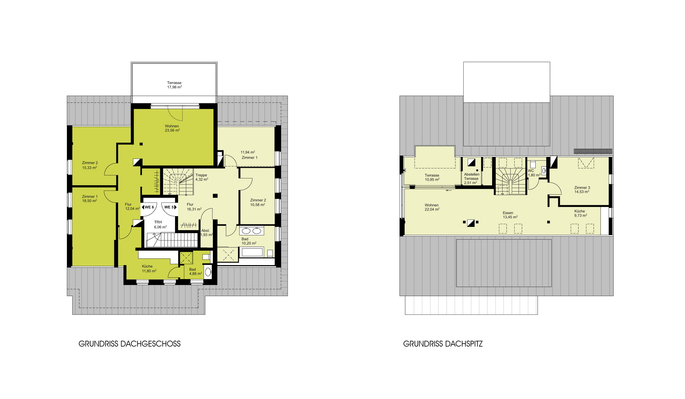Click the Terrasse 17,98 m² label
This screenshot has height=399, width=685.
point(175,85)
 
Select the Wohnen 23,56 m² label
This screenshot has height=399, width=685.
point(172,128)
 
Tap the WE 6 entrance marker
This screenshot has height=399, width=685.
point(148,207)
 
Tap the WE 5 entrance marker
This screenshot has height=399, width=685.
point(170,207)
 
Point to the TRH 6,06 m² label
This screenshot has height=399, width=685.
point(160,225)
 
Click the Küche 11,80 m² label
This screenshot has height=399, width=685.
point(149,269)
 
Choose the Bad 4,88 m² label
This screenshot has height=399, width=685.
point(195,271)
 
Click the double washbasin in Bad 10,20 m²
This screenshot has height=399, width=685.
point(252,231)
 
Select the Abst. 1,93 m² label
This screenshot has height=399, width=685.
point(206,233)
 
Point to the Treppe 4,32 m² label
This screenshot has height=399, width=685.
point(202,177)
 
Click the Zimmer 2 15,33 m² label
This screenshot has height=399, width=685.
point(90,165)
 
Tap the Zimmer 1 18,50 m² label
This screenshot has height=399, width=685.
point(90,198)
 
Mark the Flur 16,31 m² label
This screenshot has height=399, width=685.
point(194,207)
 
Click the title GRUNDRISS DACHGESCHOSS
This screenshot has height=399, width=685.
point(130,344)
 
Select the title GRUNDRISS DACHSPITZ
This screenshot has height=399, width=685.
point(443,344)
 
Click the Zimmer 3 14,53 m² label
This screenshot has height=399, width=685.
point(582,190)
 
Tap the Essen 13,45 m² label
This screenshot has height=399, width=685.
point(510,215)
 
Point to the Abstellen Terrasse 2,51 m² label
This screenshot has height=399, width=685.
point(472,178)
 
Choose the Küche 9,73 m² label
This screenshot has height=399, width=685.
point(581,213)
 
